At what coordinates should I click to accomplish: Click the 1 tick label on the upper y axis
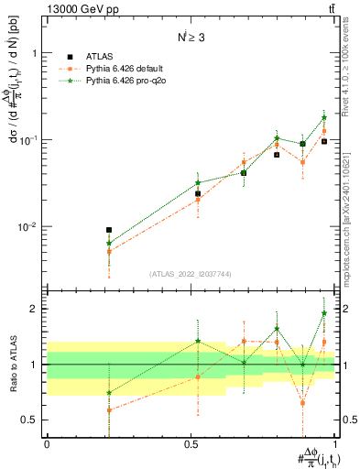pyautogui.click(x=35, y=53)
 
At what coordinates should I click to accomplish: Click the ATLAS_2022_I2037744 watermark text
pyautogui.click(x=191, y=275)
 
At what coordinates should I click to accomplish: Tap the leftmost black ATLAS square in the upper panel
pyautogui.click(x=109, y=231)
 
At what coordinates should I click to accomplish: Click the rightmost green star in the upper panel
pyautogui.click(x=324, y=117)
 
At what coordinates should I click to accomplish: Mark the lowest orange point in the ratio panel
pyautogui.click(x=109, y=409)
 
